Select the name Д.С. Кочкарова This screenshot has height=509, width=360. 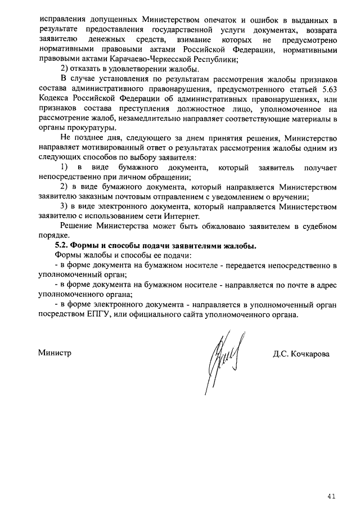coord(301,354)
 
